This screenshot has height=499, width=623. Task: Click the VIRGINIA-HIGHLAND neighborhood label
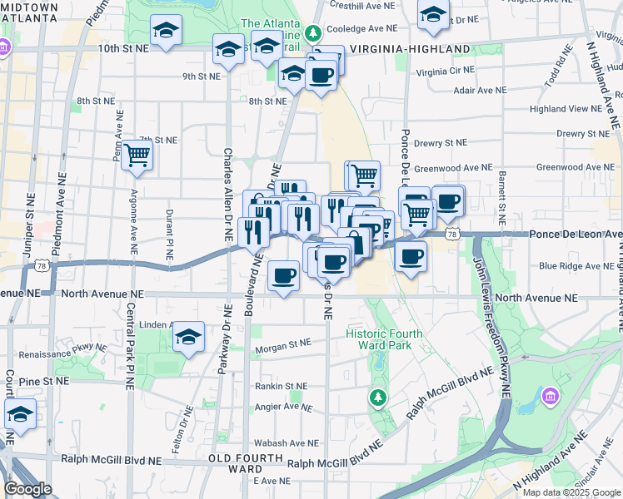(x=410, y=49)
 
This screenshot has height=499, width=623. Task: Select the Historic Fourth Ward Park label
(x=384, y=339)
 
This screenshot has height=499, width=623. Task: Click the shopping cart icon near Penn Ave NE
(x=137, y=155)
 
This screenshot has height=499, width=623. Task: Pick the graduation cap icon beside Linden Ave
(x=189, y=337)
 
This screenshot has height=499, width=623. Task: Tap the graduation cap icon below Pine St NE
(x=20, y=414)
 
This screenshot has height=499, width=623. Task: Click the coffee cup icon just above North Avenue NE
(x=284, y=275)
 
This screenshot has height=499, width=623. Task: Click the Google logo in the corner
(x=27, y=489)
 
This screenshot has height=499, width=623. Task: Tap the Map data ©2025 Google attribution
(x=570, y=492)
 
